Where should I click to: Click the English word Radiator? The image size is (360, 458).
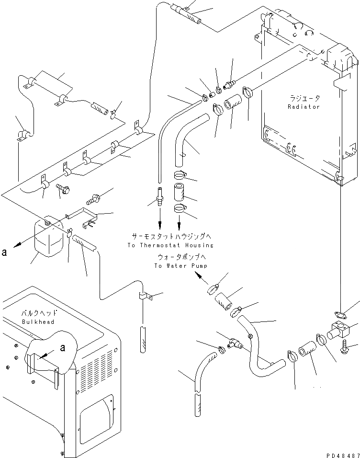click(x=304, y=107)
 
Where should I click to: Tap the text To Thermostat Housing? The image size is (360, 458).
click(x=170, y=245)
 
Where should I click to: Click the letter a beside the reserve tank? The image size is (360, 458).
click(x=4, y=252)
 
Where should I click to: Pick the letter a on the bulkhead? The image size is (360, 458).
click(x=62, y=349)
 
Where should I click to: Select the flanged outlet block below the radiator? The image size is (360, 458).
click(x=341, y=331)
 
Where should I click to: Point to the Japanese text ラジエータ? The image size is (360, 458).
click(x=304, y=98)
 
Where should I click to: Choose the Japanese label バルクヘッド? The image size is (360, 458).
click(x=37, y=313)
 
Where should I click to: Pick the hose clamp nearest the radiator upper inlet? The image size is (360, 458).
click(x=248, y=91)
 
